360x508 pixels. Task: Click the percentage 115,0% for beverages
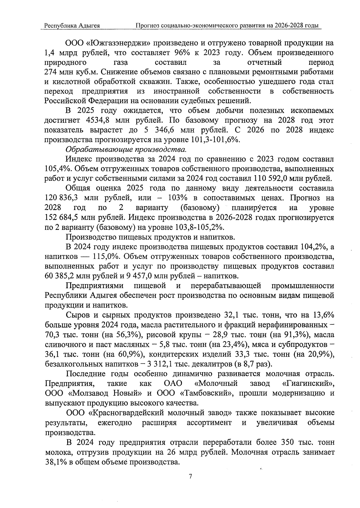tap(101, 257)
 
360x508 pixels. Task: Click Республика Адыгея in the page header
tap(72, 26)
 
